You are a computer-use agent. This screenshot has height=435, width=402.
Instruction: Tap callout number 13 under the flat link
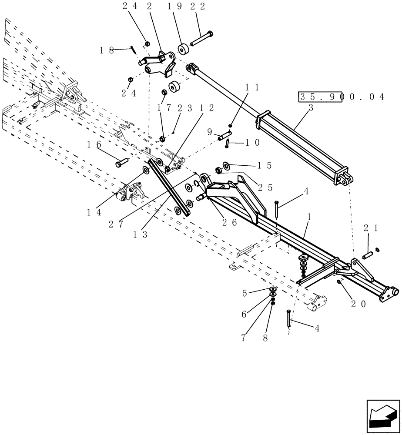coord(140,234)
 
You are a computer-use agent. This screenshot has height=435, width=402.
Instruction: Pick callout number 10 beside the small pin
coord(252,142)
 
